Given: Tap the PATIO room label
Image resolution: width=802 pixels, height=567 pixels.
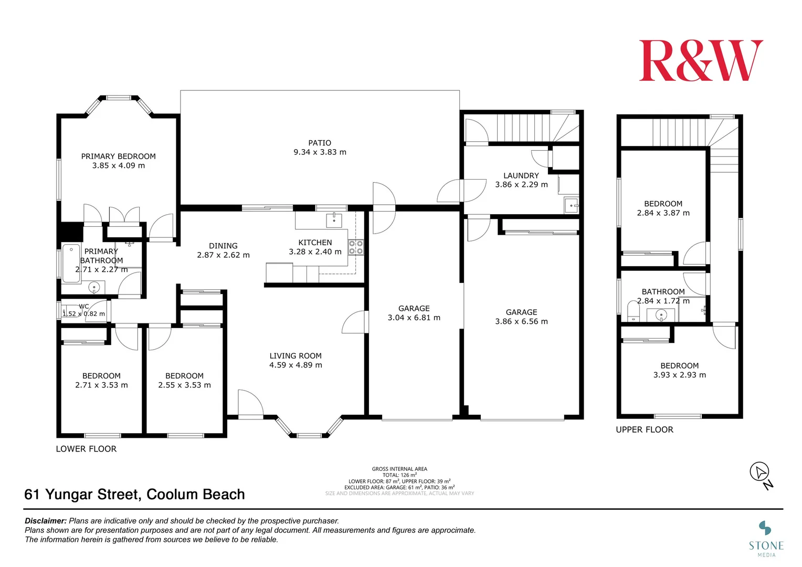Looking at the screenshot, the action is (320, 143).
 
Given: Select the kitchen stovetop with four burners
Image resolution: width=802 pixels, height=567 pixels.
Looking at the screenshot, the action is (356, 247).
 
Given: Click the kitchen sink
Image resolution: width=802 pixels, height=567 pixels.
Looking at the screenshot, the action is (334, 220).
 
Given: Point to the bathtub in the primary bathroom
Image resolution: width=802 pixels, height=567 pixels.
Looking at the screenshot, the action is (71, 264).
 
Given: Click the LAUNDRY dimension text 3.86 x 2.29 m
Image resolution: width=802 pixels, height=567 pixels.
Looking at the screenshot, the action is (521, 184).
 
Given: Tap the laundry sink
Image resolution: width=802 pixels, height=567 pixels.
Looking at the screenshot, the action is (571, 205).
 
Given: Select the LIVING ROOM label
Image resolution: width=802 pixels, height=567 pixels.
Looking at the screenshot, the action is (296, 355).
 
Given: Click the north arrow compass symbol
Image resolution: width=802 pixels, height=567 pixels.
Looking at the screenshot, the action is (759, 472).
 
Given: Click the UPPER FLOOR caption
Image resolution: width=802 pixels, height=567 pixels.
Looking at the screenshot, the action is (645, 429).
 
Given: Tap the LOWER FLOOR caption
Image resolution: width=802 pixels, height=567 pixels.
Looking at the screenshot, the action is (86, 449).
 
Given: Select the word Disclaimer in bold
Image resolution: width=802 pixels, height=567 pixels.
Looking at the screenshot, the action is (46, 521).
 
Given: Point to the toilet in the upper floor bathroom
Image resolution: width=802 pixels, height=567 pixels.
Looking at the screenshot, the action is (633, 311).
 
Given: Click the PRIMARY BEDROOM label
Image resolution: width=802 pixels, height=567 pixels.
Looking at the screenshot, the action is (118, 156).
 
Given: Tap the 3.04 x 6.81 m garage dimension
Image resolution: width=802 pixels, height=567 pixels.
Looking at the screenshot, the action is (414, 317).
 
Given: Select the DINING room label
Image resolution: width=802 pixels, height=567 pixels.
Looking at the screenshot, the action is (223, 246).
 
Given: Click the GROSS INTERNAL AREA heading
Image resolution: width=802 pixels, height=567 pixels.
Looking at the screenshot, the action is (399, 469).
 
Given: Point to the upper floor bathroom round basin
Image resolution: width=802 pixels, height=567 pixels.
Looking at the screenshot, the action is (661, 315).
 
